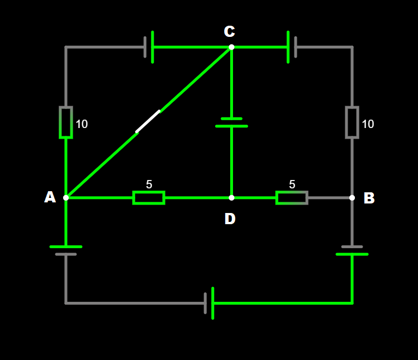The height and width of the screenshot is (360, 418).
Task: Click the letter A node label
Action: pos(50,197)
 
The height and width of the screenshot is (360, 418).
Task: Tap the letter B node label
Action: pos(369,198)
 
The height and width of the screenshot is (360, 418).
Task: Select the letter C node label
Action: pos(229,31)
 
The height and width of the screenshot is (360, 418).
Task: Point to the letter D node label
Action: pos(230,219)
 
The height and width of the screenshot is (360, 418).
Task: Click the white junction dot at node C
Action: pos(231,47)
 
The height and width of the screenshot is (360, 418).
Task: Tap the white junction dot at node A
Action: pos(66,197)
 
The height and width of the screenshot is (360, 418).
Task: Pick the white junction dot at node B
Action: pos(352,197)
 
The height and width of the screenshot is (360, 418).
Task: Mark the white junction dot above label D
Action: pos(231,197)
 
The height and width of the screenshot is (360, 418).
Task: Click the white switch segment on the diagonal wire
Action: pos(148,121)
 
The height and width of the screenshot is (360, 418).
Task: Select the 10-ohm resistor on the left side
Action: pos(66,122)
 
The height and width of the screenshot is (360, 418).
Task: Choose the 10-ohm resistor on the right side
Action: pos(352,122)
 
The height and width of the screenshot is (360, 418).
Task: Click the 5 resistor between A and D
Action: pos(149,197)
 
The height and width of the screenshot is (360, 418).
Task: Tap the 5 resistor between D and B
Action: pos(292,197)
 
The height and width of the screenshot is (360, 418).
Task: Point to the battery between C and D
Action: pos(231,122)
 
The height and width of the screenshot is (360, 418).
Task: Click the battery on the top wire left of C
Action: pos(149,47)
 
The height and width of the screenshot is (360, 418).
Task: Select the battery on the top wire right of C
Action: pos(292,47)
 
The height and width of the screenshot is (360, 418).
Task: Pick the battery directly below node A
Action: pos(66,250)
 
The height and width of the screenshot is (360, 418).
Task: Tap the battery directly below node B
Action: pos(352,250)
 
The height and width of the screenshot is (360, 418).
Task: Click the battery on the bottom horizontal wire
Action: pos(209,303)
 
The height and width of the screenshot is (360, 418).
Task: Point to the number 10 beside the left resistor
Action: pos(82,124)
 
